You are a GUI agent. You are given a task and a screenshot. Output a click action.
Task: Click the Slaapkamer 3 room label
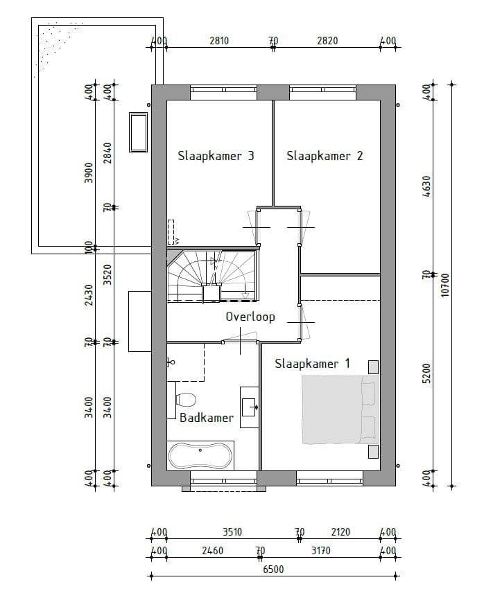point(216,156)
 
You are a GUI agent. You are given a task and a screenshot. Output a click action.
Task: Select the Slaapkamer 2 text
point(325,156)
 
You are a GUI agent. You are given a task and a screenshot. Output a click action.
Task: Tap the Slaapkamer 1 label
point(312,363)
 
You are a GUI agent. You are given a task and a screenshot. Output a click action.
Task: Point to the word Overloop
point(250,317)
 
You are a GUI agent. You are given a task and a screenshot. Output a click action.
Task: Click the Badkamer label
point(207,418)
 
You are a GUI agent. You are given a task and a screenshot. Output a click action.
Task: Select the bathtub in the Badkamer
point(200,455)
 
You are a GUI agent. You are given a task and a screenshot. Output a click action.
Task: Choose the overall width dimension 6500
point(273,570)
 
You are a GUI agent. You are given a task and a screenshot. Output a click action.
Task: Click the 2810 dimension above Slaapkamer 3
point(219,41)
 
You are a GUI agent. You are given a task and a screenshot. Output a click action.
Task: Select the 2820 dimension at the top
point(327,41)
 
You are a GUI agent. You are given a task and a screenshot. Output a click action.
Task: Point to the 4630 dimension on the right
point(426,187)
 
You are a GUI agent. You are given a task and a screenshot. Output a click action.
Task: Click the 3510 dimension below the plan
point(232,532)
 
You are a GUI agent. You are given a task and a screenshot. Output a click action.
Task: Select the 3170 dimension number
point(320,551)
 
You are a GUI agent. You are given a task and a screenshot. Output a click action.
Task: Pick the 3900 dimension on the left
point(88,171)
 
